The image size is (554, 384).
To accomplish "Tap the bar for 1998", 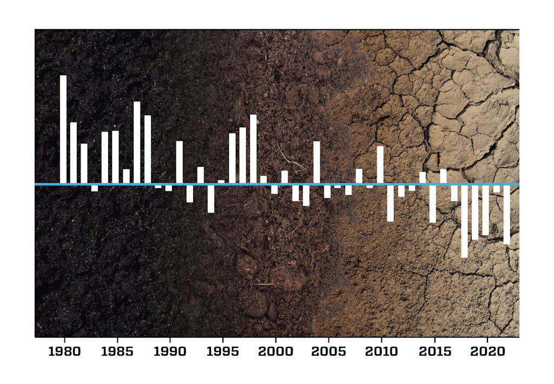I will tap(253, 148).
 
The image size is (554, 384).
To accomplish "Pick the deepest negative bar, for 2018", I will tap(464, 221).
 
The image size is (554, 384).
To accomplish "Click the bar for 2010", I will tap(380, 164).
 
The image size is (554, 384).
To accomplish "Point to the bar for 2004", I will tap(316, 162).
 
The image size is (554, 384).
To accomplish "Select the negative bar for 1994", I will tap(211, 198).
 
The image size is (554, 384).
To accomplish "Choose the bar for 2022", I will tap(507, 215).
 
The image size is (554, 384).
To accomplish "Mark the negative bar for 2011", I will tap(391, 203).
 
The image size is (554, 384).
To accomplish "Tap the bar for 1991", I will tap(180, 162).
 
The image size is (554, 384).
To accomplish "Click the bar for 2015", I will tap(433, 204).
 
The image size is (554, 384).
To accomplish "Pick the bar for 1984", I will tap(105, 157).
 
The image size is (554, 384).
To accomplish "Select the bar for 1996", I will tap(232, 157).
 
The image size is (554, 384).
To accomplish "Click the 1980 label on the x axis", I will tap(64, 352).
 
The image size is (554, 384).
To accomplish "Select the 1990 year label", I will tap(170, 352).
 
